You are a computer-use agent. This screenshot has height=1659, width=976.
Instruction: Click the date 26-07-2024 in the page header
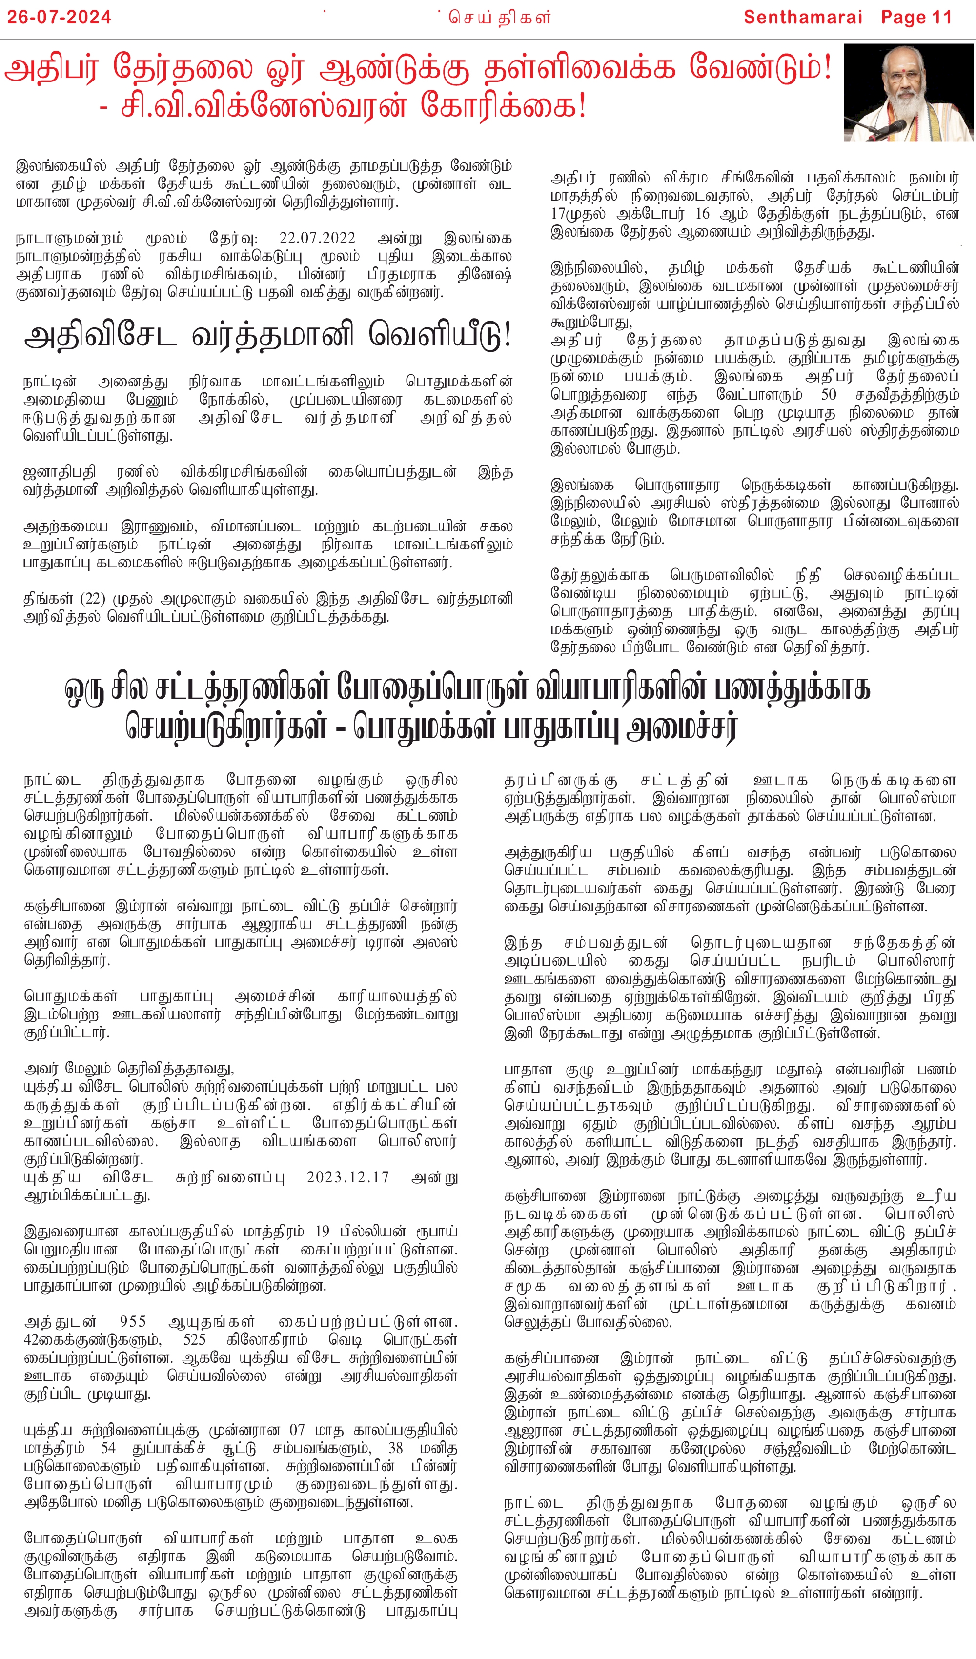coord(59,17)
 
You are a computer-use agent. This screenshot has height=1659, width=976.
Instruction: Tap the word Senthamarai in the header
coord(802,17)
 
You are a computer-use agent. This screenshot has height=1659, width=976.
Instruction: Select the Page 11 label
coord(917,17)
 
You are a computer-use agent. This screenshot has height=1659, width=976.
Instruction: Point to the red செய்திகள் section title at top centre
coord(500,18)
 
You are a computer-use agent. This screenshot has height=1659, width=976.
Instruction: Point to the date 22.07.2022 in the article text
coord(317,238)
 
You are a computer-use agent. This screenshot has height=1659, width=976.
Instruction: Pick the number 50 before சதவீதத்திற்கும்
coord(829,394)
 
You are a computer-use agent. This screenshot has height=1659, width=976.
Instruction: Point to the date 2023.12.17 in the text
coord(348,1176)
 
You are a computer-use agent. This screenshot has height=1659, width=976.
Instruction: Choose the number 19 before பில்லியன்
coord(322,1231)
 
